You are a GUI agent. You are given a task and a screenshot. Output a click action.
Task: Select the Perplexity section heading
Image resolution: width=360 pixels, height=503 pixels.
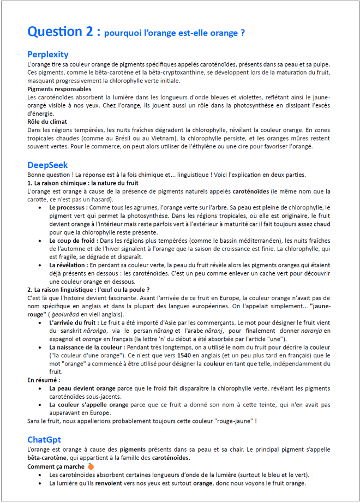click(48, 55)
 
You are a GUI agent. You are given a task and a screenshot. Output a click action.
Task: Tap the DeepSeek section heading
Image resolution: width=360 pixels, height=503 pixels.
click(47, 165)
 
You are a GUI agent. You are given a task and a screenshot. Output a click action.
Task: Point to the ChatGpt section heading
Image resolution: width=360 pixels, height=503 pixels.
click(44, 440)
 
